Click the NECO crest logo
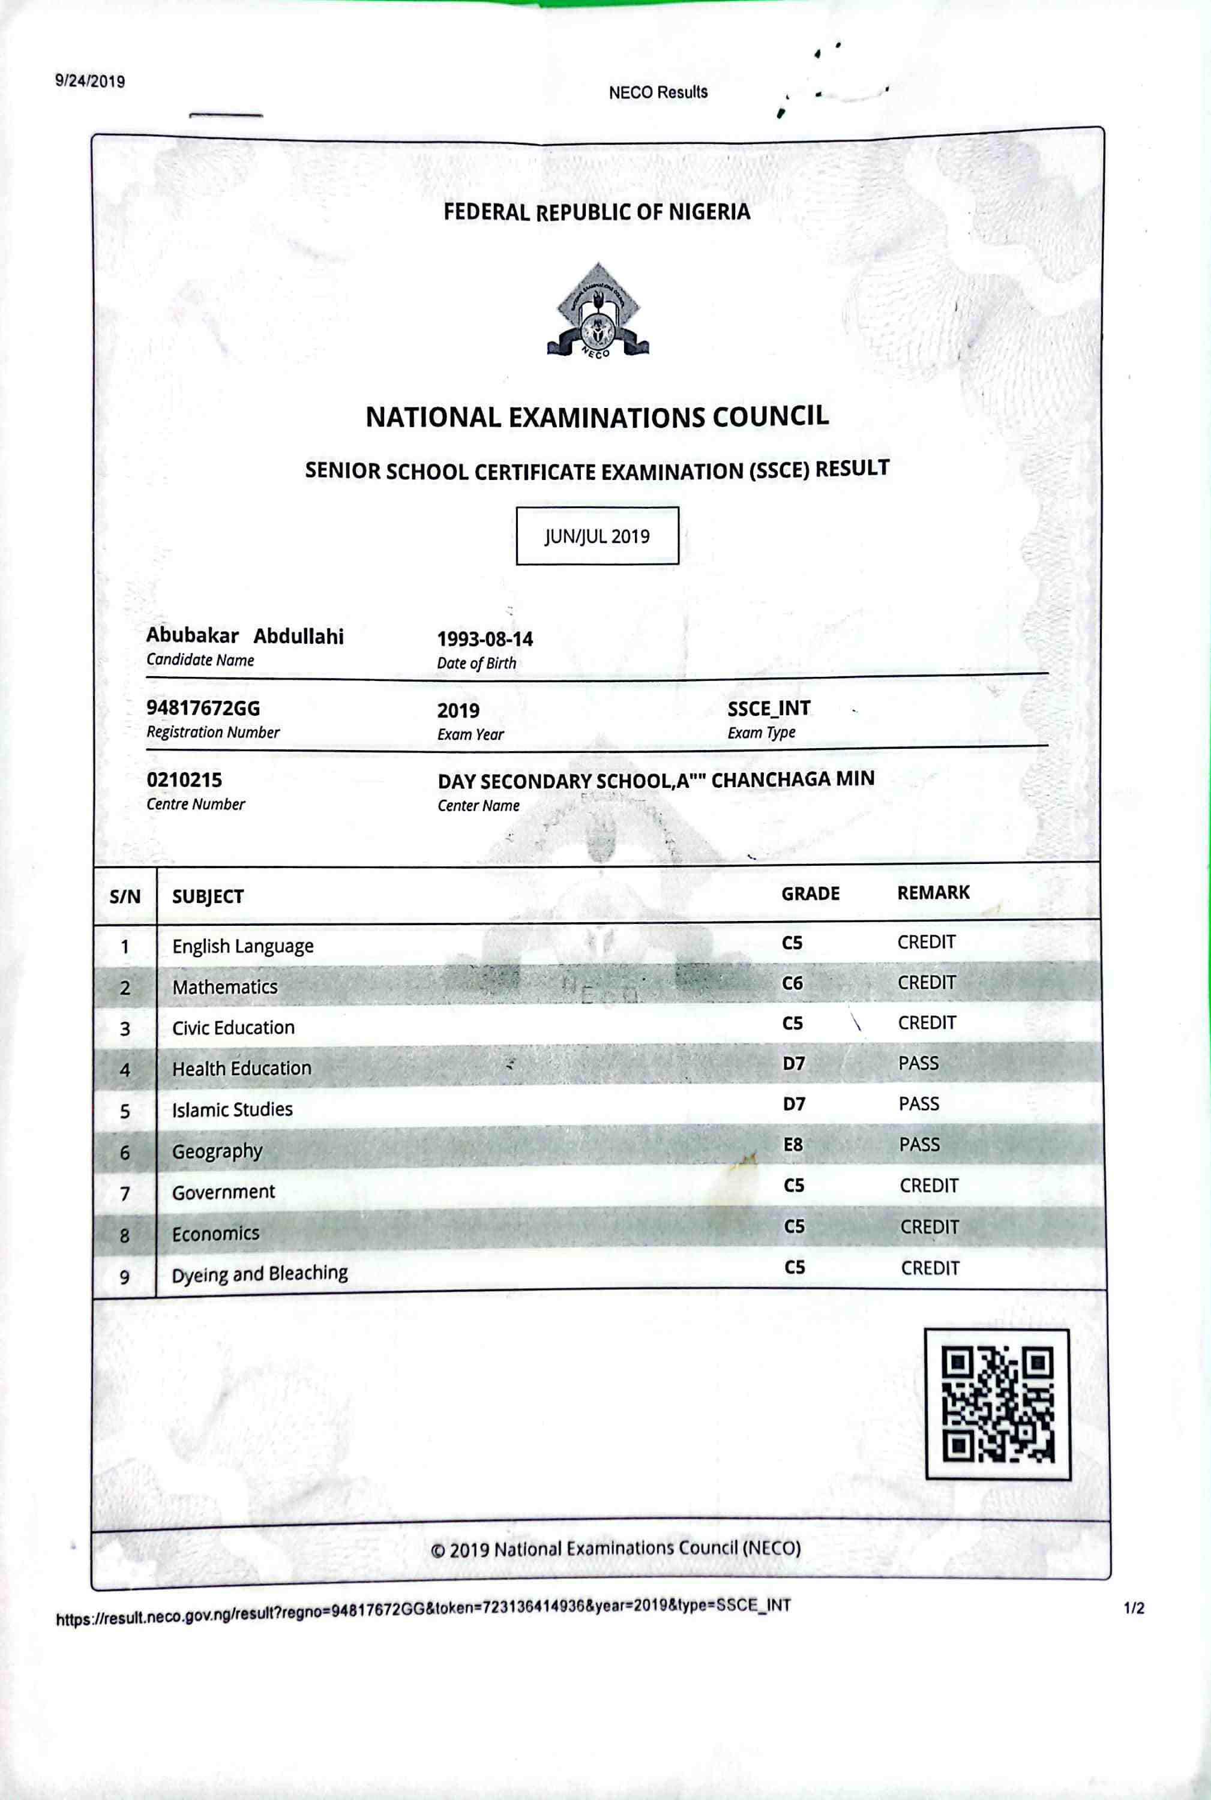[598, 311]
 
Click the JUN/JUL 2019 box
[597, 536]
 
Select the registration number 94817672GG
[203, 708]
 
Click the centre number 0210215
[184, 780]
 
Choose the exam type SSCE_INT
[769, 709]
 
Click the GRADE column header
[810, 893]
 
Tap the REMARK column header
[933, 893]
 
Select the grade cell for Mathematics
[792, 983]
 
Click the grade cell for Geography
[793, 1144]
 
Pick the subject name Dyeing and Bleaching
[259, 1273]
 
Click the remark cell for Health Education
[918, 1063]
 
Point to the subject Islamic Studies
[232, 1109]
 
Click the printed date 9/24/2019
[89, 81]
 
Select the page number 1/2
[1134, 1609]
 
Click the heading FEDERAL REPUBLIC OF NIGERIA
[596, 212]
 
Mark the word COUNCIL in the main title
[770, 416]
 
